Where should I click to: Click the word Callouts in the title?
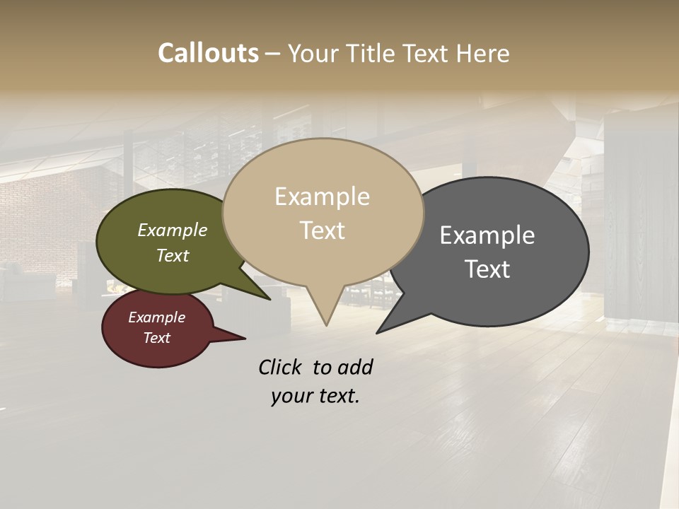[x=208, y=53]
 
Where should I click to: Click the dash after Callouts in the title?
[x=273, y=54]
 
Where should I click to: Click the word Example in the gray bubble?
[x=487, y=235]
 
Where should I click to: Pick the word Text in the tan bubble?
[x=323, y=230]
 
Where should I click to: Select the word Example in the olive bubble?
[x=173, y=230]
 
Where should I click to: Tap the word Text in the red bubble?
[x=157, y=338]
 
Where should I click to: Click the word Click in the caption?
[x=280, y=367]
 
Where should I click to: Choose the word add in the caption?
[x=355, y=367]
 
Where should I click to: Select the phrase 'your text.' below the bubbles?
[x=315, y=396]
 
